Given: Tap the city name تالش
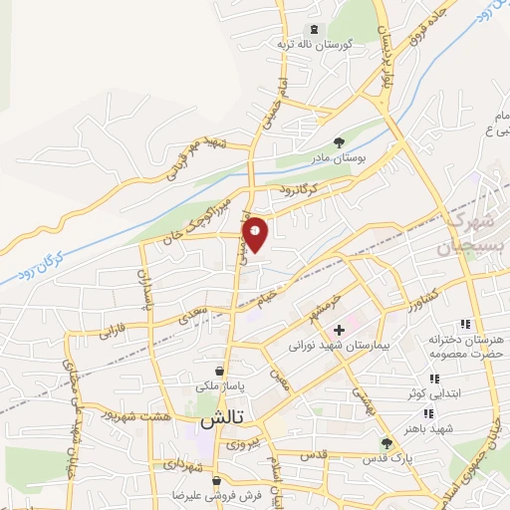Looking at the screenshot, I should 221,421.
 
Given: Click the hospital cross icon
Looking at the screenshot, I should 340,330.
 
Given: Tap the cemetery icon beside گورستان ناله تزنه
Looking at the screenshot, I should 316,30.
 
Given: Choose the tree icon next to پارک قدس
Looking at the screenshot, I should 386,443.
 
